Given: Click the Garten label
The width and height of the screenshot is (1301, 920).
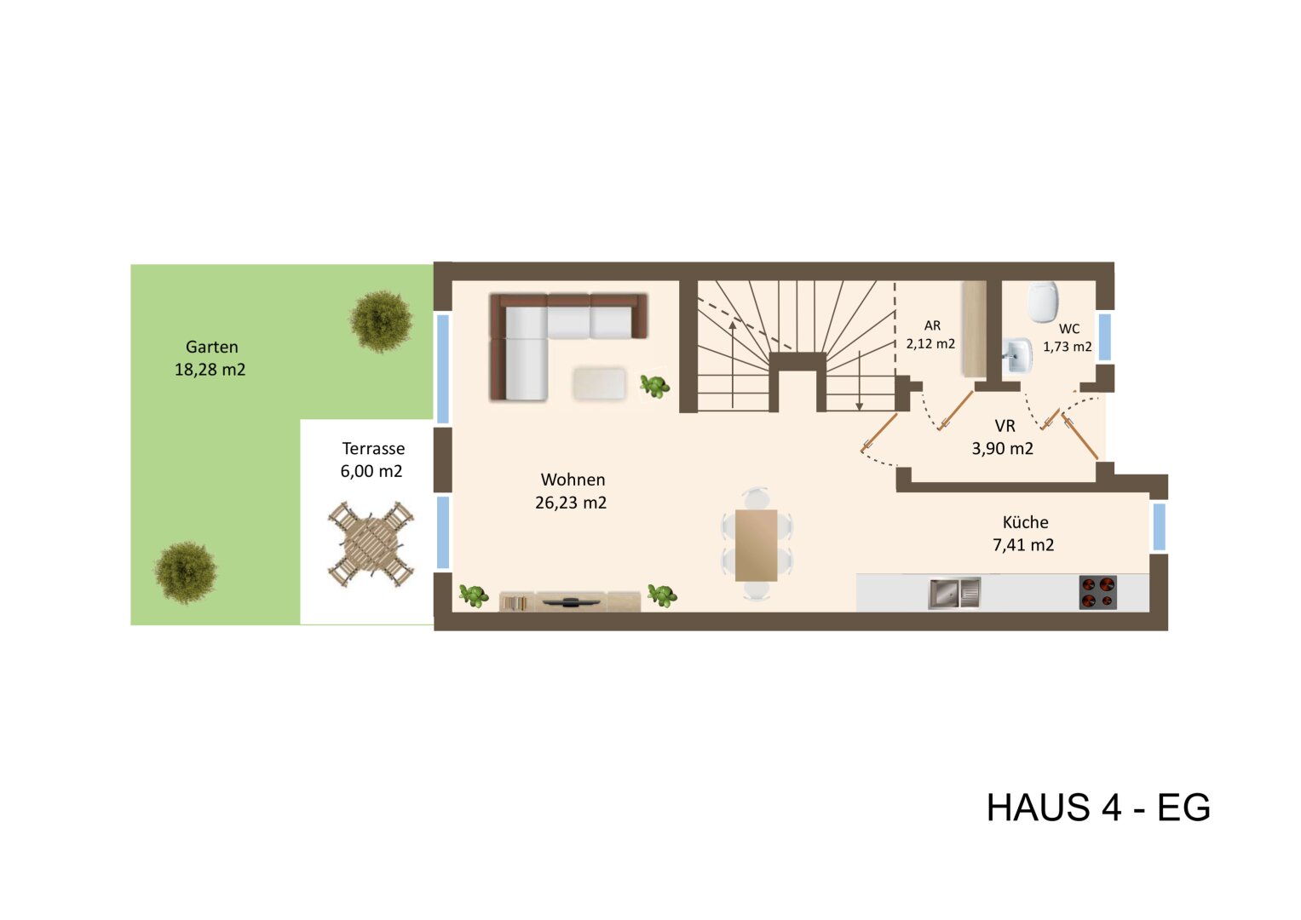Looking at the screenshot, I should click(x=211, y=347).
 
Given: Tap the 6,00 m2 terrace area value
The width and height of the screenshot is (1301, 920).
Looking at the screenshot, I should click(x=371, y=471).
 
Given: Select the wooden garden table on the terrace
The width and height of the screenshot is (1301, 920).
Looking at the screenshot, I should click(x=371, y=544).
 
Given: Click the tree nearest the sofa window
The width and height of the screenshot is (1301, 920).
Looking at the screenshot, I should click(x=381, y=320).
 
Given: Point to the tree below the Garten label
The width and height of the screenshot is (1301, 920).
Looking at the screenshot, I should click(x=185, y=572).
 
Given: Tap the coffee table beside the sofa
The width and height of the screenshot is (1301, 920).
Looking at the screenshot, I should click(x=599, y=382).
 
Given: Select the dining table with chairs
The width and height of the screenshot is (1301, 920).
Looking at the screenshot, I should click(x=756, y=544).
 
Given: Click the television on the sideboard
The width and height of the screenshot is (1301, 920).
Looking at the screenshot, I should click(x=570, y=601).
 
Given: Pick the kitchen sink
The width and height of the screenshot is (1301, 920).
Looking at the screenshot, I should click(x=954, y=593).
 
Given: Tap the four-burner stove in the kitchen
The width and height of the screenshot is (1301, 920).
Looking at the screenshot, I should click(x=1097, y=593).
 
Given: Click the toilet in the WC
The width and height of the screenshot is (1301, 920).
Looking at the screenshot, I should click(x=1043, y=302).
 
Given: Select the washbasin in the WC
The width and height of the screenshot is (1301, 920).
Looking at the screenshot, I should click(x=1016, y=355).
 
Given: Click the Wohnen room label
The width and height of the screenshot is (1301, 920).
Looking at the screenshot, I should click(x=573, y=480).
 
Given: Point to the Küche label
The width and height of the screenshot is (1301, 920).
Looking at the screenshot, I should click(x=1025, y=522).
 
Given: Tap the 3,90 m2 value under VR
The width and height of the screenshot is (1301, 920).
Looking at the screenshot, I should click(x=1002, y=448).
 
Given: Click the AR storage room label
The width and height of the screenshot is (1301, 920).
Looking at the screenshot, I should click(x=932, y=325).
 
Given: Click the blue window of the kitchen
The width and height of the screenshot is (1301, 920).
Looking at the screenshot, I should click(x=1159, y=527).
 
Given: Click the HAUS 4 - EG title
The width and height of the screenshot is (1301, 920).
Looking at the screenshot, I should click(x=1098, y=808).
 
